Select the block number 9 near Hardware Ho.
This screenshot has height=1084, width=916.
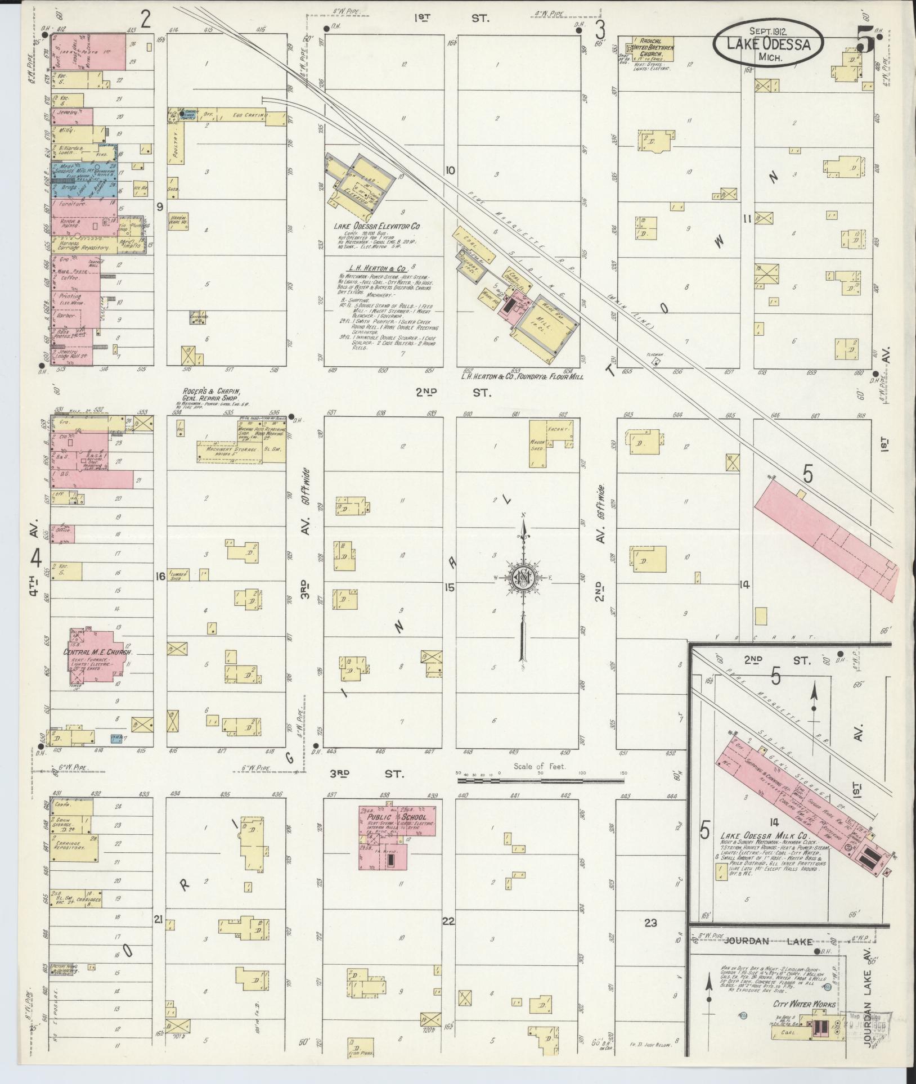click(160, 207)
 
